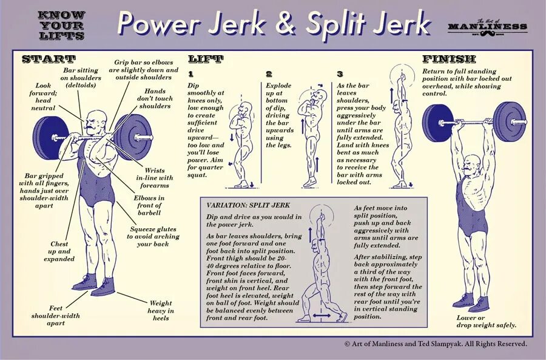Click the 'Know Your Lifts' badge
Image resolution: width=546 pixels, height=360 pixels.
(x=60, y=25)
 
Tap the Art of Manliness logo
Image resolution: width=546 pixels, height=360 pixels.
(x=487, y=26)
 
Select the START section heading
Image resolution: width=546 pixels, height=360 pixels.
(x=49, y=59)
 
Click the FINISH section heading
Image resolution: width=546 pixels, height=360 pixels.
(x=450, y=59)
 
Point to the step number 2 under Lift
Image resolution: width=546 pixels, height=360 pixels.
(x=269, y=74)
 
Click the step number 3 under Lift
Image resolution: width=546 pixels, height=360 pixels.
(x=340, y=74)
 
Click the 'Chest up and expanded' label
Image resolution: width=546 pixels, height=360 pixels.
(x=59, y=251)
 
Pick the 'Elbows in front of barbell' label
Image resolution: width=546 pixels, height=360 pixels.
(x=149, y=205)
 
